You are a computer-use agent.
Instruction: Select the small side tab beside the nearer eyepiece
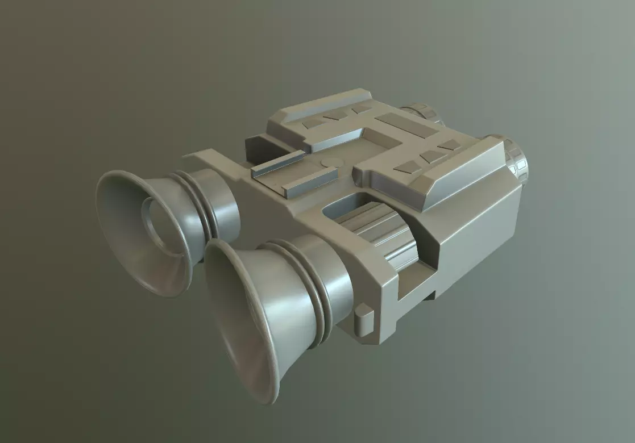364,319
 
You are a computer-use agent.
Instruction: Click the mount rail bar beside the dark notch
277,163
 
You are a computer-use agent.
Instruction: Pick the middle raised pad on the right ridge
434,156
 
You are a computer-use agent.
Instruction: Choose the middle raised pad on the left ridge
335,115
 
